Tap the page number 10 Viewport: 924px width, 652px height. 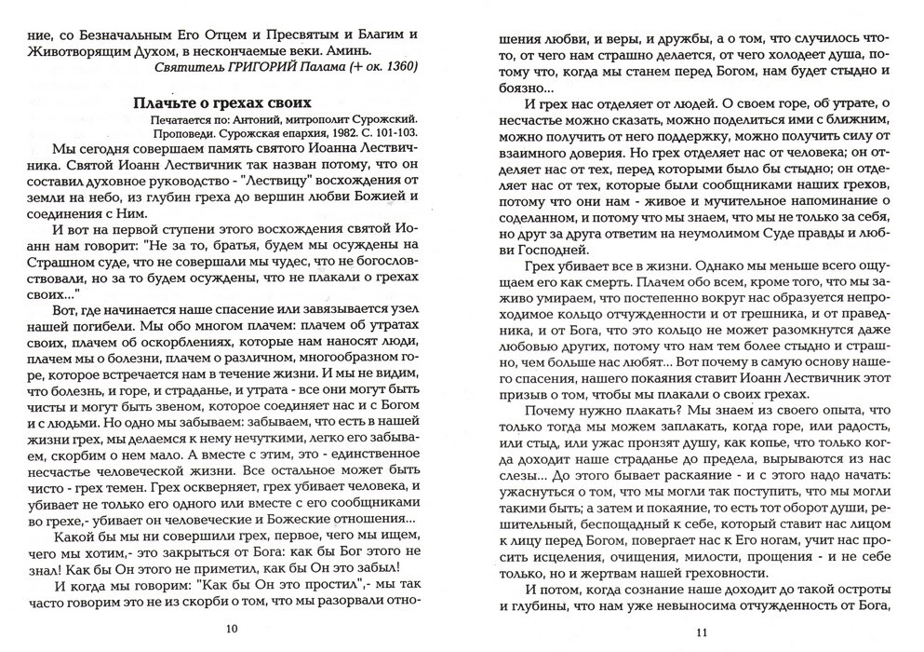click(x=232, y=629)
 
